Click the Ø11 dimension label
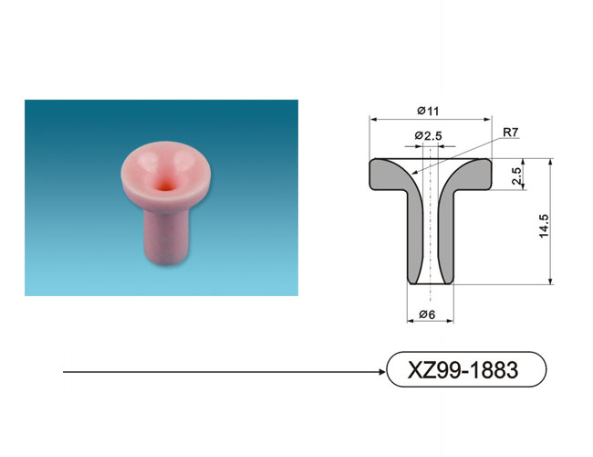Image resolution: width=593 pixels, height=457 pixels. point(428,111)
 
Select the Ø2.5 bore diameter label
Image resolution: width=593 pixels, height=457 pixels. point(428,135)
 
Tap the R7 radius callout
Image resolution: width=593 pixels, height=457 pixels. point(511,133)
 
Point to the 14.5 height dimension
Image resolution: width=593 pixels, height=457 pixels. point(544,226)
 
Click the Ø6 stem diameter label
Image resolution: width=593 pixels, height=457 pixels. point(427,314)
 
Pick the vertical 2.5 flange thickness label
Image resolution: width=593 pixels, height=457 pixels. point(516,175)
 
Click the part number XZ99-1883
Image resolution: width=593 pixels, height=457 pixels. point(463,370)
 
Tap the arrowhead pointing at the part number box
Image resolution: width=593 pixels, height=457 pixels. point(381,372)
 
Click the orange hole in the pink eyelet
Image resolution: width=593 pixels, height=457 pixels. point(165,186)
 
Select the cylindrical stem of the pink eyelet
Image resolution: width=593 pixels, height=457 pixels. point(166,235)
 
